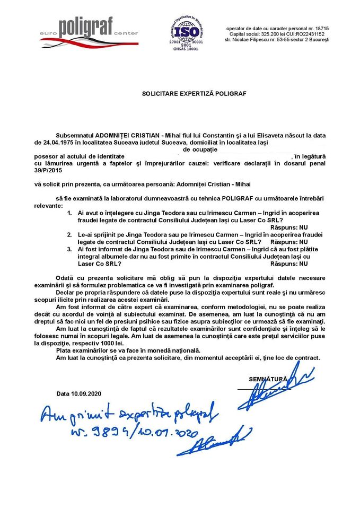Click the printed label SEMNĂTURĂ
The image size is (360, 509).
click(x=268, y=379)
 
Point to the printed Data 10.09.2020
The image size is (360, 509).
click(x=79, y=393)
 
